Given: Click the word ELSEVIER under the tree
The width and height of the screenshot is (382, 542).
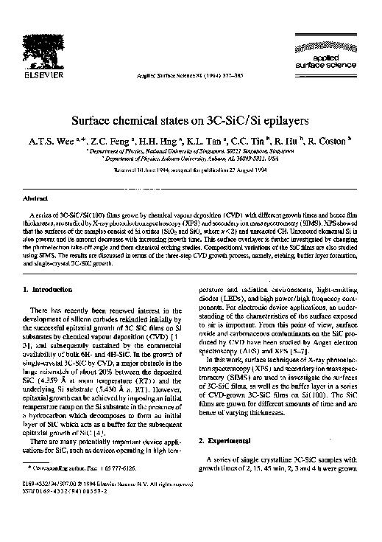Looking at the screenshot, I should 42,74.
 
